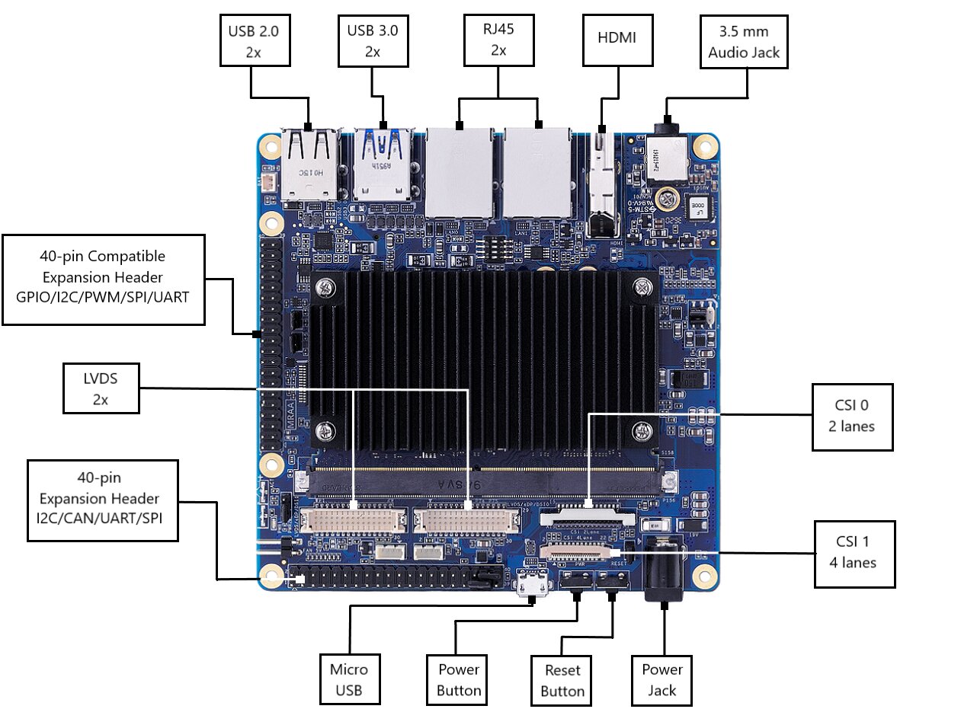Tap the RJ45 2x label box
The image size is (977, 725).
tap(498, 40)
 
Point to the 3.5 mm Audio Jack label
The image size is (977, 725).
tap(744, 42)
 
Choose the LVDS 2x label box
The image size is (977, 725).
tap(101, 388)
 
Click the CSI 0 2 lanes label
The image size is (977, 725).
tap(851, 415)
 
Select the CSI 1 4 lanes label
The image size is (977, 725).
tap(853, 554)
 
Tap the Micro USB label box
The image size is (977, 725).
tap(349, 679)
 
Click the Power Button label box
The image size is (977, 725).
tap(459, 679)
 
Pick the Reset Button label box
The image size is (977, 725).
tap(562, 680)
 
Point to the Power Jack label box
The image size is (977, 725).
tap(661, 679)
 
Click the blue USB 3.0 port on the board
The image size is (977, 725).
tap(383, 164)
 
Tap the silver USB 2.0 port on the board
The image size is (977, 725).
tap(310, 164)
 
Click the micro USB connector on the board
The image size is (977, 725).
tap(532, 585)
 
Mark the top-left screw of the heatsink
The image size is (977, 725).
tap(327, 288)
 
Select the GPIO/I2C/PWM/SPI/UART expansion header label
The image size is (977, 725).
tap(104, 279)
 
